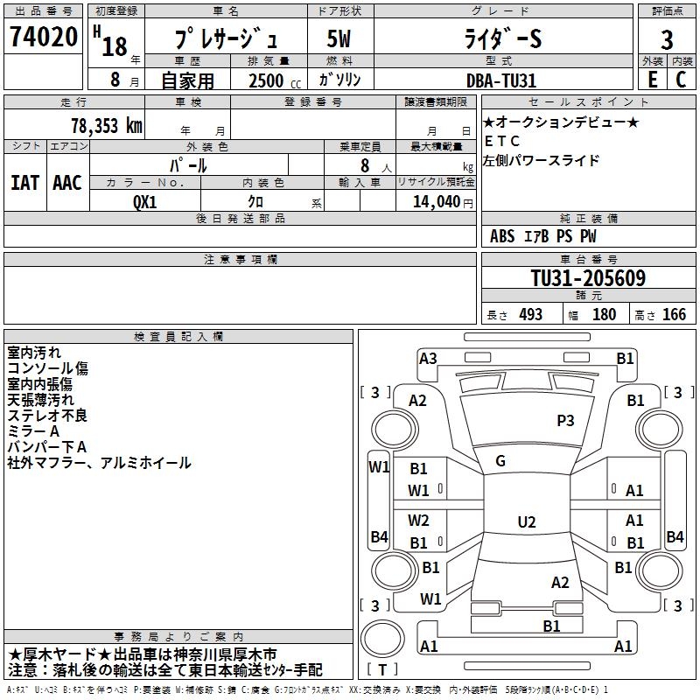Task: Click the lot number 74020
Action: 43,38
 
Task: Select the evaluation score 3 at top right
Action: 667,40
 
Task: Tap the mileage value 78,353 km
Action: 106,126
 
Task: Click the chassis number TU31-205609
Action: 588,279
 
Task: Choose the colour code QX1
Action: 145,200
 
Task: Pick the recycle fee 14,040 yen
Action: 435,201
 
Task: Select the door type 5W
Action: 339,40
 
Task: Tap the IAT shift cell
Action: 24,183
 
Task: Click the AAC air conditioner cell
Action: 67,183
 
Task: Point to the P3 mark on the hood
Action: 565,421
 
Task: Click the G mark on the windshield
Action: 500,461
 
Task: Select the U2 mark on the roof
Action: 526,522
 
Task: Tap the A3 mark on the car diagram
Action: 428,358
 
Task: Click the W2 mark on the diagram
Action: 419,521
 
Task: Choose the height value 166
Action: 674,315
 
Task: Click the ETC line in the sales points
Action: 502,141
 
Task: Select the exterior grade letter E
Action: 652,80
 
